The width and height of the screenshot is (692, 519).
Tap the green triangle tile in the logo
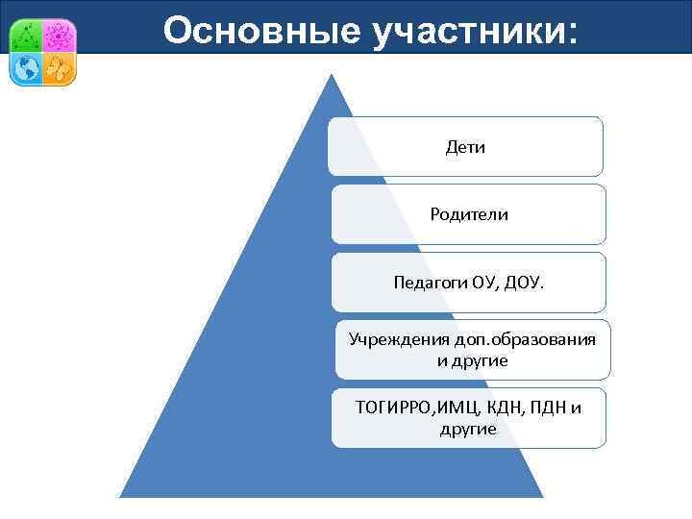(x=26, y=36)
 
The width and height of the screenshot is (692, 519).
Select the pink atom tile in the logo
(x=60, y=36)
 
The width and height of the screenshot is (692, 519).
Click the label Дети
(x=465, y=147)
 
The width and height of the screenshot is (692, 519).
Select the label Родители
(x=469, y=214)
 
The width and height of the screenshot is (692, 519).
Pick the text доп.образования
(x=519, y=339)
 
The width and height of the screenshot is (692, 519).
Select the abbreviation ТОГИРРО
(x=394, y=408)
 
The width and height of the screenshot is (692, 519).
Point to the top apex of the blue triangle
(x=332, y=75)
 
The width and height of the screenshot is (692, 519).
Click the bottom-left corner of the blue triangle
(x=121, y=496)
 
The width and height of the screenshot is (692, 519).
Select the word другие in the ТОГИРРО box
(x=468, y=429)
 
